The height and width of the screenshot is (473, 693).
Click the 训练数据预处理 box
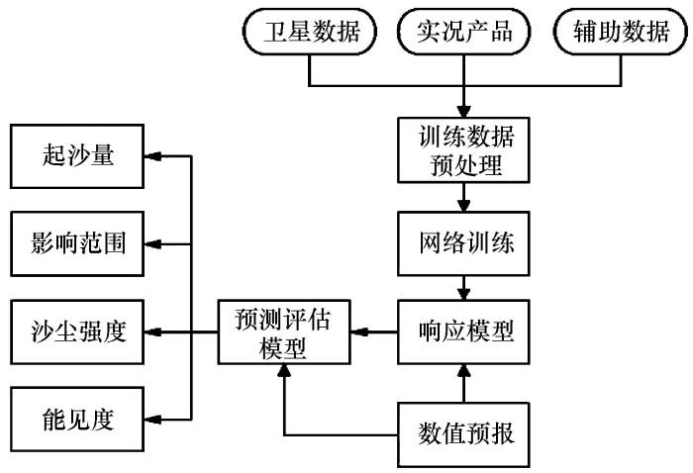click(462, 149)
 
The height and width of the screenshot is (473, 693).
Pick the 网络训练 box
click(462, 240)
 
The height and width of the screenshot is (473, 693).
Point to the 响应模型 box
click(462, 331)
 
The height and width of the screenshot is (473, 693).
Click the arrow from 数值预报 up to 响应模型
click(462, 381)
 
